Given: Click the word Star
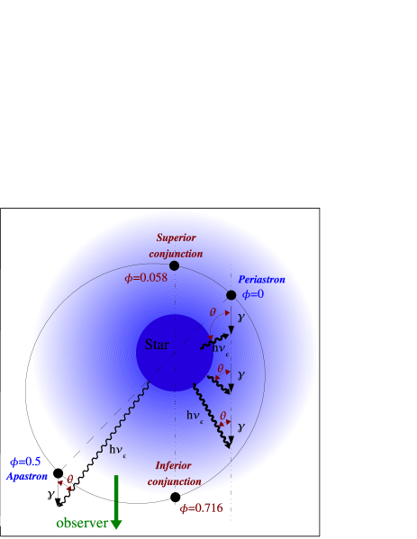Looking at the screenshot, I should pyautogui.click(x=157, y=344).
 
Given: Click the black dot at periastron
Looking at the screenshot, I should pyautogui.click(x=231, y=295).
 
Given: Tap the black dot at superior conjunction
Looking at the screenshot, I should pyautogui.click(x=174, y=265).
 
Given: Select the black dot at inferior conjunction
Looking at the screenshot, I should pyautogui.click(x=175, y=496).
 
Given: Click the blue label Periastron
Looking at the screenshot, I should pyautogui.click(x=261, y=280).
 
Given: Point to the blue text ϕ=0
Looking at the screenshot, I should pyautogui.click(x=253, y=294).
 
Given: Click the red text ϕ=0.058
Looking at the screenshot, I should pyautogui.click(x=145, y=278).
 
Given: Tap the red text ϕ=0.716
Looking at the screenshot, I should pyautogui.click(x=201, y=508).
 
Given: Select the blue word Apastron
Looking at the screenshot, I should pyautogui.click(x=27, y=476).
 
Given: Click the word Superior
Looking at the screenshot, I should pyautogui.click(x=176, y=238).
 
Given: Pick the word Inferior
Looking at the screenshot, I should pyautogui.click(x=173, y=465).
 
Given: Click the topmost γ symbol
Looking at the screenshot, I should pyautogui.click(x=240, y=318).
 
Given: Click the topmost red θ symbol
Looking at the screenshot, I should pyautogui.click(x=213, y=312).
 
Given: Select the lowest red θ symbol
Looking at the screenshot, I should pyautogui.click(x=222, y=415).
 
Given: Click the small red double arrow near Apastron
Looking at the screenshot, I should pyautogui.click(x=65, y=484).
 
